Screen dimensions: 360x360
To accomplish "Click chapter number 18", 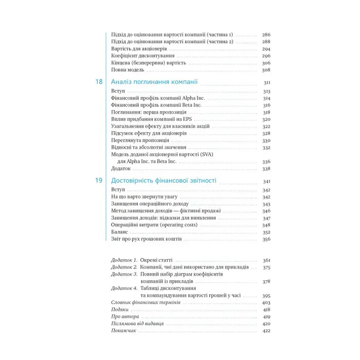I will (99, 82).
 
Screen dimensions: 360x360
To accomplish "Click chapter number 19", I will (99, 181).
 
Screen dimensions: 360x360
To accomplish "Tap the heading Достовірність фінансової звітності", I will (164, 181).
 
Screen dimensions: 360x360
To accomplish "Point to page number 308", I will (266, 69).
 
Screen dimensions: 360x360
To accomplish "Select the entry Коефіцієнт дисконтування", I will (142, 56).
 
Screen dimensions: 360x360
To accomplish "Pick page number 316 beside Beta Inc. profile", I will (266, 105).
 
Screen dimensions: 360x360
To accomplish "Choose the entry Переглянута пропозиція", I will (140, 140).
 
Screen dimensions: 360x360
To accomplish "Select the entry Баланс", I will (120, 232).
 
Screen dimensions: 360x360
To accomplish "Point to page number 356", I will (266, 239).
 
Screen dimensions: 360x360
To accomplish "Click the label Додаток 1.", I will (124, 261).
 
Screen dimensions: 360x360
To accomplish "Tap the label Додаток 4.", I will (124, 289).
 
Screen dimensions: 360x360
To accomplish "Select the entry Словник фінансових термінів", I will (146, 303).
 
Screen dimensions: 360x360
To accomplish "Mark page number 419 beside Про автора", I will (266, 317).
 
